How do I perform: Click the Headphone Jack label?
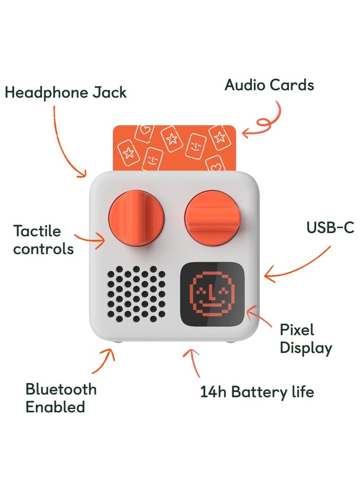(x=66, y=93)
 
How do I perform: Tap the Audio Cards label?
(x=269, y=85)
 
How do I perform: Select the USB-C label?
(x=330, y=227)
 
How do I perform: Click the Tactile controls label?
(x=43, y=240)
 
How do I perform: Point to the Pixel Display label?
(x=306, y=339)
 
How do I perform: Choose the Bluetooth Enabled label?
(x=61, y=398)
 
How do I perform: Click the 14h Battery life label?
(x=256, y=392)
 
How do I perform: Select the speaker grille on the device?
(x=136, y=294)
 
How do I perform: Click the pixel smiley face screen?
(x=212, y=294)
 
